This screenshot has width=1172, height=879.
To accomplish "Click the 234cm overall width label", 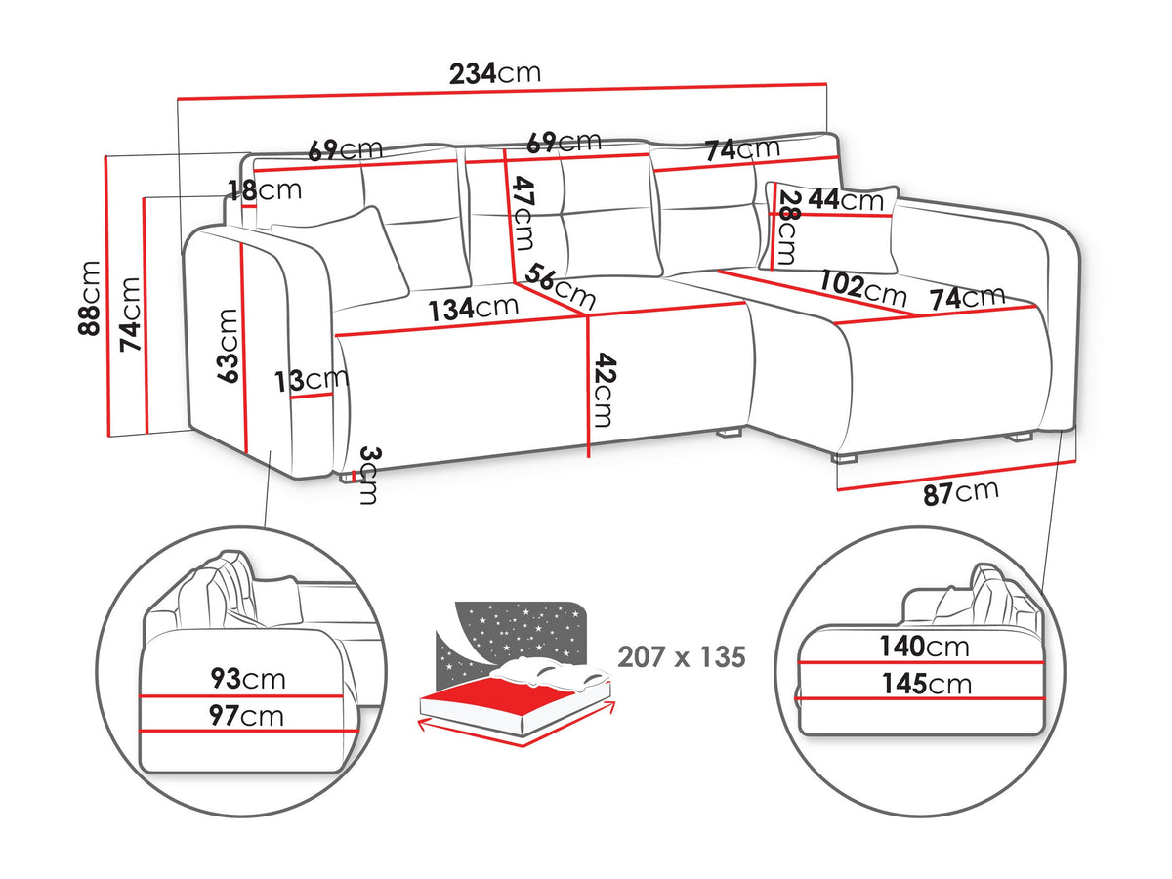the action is pyautogui.click(x=495, y=73).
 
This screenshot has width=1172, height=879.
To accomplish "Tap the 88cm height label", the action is pyautogui.click(x=89, y=298).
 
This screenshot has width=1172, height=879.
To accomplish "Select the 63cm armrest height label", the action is pyautogui.click(x=228, y=346).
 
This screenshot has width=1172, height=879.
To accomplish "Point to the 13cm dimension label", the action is pyautogui.click(x=312, y=380).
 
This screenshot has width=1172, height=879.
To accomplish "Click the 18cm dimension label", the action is pyautogui.click(x=265, y=190).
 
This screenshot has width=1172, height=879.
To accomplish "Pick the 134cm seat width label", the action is pyautogui.click(x=473, y=309).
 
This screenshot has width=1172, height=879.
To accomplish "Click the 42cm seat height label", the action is pyautogui.click(x=605, y=390).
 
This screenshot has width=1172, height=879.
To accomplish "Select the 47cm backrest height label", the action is pyautogui.click(x=523, y=214).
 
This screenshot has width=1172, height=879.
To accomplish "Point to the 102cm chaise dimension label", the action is pyautogui.click(x=862, y=289).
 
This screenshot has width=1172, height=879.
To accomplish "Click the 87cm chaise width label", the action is pyautogui.click(x=961, y=492).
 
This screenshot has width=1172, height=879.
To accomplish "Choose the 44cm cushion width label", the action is pyautogui.click(x=846, y=200).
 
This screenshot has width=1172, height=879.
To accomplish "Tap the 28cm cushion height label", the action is pyautogui.click(x=787, y=228).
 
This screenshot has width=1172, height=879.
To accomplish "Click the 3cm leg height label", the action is pyautogui.click(x=369, y=476).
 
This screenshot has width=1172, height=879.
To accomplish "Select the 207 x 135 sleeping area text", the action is pyautogui.click(x=682, y=657).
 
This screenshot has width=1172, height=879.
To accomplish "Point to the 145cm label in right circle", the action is pyautogui.click(x=927, y=684).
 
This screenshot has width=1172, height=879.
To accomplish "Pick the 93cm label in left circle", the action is pyautogui.click(x=248, y=679).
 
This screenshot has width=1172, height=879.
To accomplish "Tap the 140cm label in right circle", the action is pyautogui.click(x=924, y=647).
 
